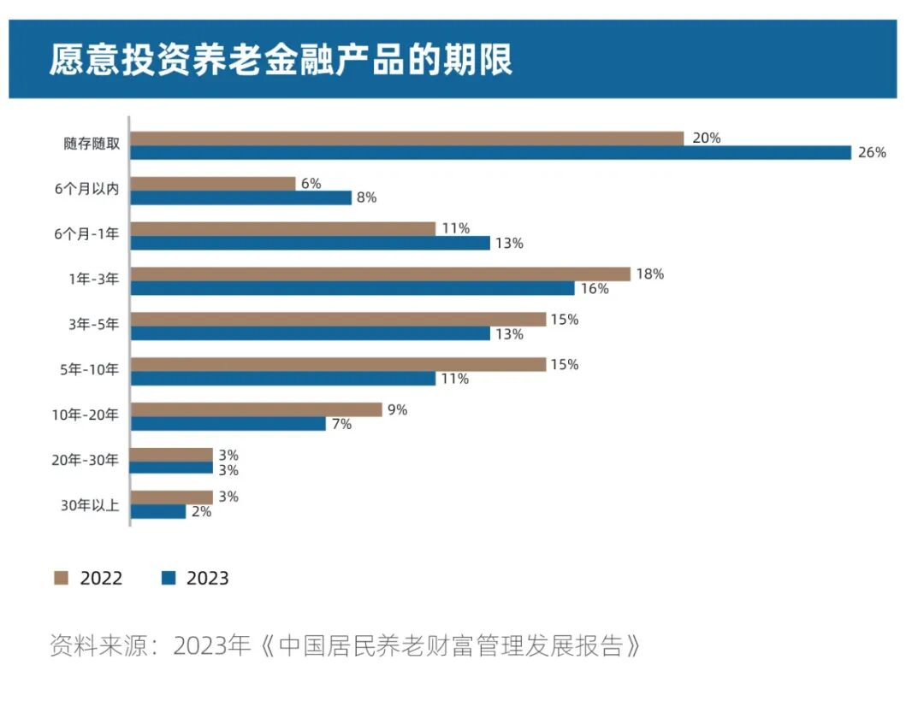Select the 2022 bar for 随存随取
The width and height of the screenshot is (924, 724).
(407, 138)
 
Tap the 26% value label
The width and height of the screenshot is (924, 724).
(873, 153)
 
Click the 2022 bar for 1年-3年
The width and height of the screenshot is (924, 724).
(381, 274)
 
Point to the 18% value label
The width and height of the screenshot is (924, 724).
(650, 274)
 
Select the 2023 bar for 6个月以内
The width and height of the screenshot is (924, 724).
(241, 198)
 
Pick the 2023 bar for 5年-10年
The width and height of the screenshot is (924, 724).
(283, 379)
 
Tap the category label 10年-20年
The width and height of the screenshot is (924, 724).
(86, 416)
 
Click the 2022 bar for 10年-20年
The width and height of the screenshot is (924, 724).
(257, 410)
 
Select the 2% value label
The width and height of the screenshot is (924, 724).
(201, 512)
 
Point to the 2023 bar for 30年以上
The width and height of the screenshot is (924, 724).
(158, 512)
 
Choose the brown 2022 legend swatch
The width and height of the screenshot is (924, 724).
(61, 579)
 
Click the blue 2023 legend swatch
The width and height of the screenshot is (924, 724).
(168, 579)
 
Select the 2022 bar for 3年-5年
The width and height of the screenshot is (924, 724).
(338, 320)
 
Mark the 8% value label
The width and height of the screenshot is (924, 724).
(366, 198)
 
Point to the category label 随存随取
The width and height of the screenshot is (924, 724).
(92, 144)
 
